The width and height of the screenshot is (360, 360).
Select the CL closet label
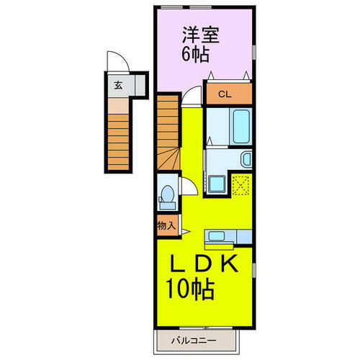pyautogui.click(x=225, y=93)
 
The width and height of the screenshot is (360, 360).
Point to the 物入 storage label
pyautogui.click(x=166, y=225)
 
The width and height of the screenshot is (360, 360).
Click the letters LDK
pyautogui.click(x=203, y=264)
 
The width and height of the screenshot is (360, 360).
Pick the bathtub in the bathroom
pyautogui.click(x=240, y=127)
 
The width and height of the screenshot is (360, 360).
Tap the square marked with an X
pyautogui.click(x=241, y=184)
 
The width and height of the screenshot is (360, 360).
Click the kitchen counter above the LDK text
pyautogui.click(x=227, y=235)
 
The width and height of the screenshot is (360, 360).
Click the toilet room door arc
pyautogui.click(x=187, y=185)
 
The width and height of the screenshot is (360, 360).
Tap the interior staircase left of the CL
pyautogui.click(x=168, y=130)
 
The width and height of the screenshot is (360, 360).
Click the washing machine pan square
pyautogui.click(x=216, y=184)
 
